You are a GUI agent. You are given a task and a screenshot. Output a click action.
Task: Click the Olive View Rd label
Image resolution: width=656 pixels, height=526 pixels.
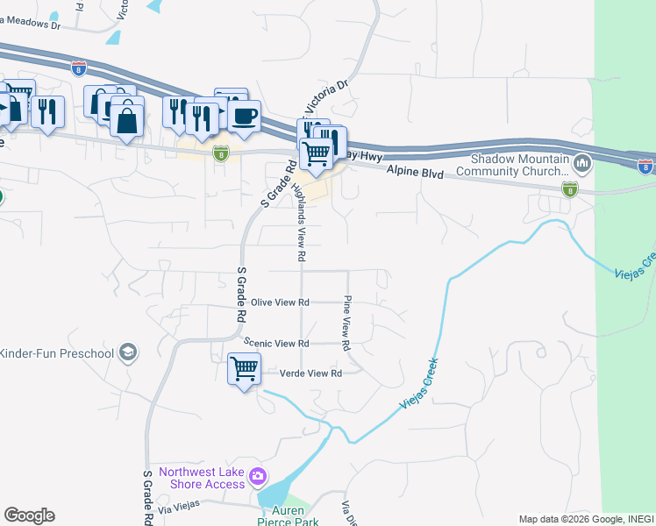pos(281,302)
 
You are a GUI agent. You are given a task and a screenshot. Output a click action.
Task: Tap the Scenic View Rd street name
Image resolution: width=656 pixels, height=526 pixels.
pos(278,344)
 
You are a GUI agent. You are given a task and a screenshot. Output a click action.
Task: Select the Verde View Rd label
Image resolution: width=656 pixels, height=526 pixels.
pos(310,373)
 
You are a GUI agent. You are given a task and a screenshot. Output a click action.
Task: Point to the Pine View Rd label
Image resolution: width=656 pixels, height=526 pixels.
pos(347,319)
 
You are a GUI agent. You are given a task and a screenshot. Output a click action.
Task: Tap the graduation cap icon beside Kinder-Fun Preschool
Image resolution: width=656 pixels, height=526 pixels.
pos(128,352)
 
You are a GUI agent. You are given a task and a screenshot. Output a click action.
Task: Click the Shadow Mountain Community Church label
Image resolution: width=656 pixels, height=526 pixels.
pos(521,165)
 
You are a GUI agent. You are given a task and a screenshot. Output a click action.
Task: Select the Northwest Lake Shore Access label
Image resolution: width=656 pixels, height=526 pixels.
pos(202,478)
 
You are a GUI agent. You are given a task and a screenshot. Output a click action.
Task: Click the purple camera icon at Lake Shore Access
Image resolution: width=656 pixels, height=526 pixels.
pos(258,477)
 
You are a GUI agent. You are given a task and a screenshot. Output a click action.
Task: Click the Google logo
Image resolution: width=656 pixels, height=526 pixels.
pos(29,515)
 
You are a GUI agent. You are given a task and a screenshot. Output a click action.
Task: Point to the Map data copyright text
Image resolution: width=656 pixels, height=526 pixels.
pos(586,519)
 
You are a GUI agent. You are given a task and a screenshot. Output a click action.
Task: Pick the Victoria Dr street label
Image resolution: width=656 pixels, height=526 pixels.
pos(326,98)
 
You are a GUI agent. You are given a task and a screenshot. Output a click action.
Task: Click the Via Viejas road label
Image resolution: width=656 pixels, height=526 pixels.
pos(180,506)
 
